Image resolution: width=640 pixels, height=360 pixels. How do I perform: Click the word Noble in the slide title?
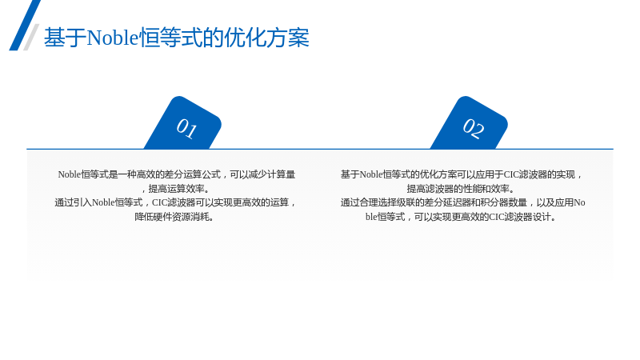(113, 38)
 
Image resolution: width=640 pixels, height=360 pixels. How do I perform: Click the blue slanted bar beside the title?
(25, 25)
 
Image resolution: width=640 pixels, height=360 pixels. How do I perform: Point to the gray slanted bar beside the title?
(31, 37)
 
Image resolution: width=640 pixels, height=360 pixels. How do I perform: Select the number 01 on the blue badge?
(187, 128)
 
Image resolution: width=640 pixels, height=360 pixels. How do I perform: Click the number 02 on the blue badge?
(474, 128)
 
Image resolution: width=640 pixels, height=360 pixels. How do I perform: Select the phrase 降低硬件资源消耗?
(172, 217)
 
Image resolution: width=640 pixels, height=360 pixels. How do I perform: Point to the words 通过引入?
(73, 203)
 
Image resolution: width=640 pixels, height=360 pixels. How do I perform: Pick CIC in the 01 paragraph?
(160, 203)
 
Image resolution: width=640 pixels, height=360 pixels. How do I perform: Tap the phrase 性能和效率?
(486, 189)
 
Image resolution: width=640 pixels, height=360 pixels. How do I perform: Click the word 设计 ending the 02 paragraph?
(542, 217)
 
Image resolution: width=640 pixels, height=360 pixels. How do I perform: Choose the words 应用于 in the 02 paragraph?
(490, 174)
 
